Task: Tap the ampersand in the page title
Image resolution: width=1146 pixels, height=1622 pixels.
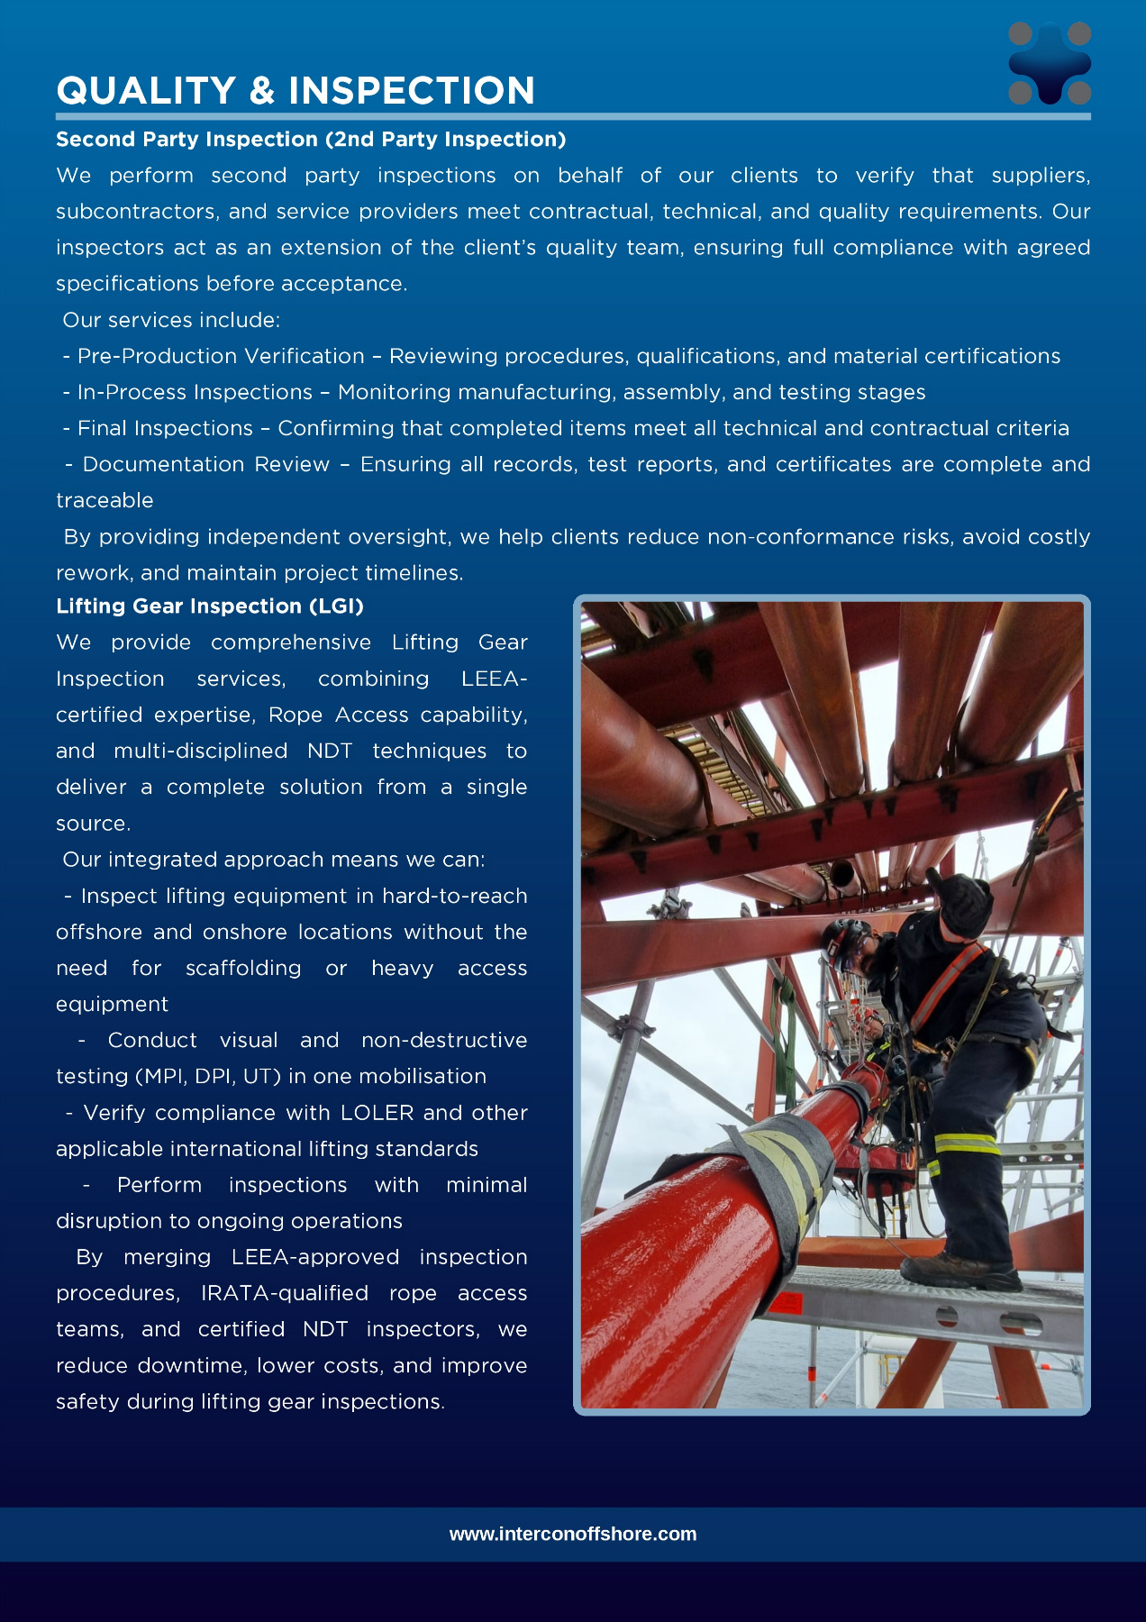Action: point(262,91)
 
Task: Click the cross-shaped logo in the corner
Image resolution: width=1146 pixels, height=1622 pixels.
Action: point(1050,63)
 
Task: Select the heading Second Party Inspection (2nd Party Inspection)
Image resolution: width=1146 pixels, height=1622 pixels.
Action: point(311,140)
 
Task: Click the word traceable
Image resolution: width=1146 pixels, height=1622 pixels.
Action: point(105,500)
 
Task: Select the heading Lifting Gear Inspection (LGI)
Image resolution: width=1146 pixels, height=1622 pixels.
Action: point(210,606)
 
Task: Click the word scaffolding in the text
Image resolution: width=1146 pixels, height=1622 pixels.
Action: point(243,968)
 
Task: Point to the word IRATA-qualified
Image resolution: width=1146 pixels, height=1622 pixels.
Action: point(285,1293)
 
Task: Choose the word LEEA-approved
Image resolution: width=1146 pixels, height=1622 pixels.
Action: point(315,1257)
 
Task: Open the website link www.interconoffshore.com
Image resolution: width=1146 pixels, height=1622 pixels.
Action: point(573,1534)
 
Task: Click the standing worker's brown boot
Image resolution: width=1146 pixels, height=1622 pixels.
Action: point(960,1271)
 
